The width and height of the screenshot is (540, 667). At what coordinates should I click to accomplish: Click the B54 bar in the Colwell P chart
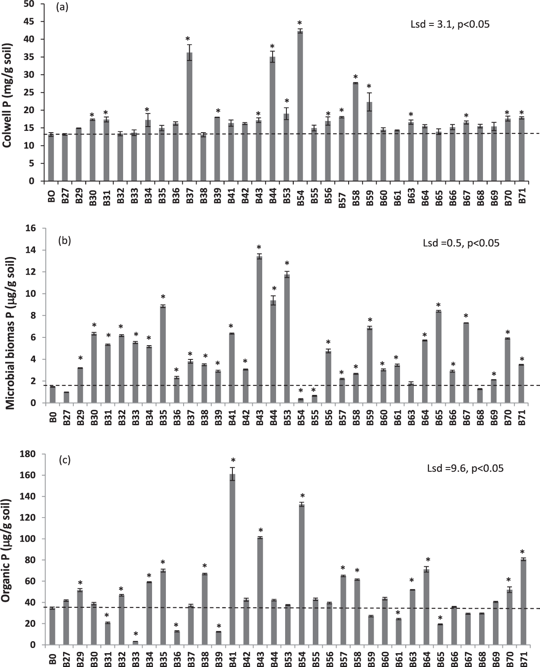[x=300, y=106]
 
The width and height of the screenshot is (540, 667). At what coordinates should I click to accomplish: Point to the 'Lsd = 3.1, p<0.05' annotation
[x=449, y=25]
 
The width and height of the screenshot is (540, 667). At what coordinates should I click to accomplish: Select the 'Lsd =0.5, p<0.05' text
[x=461, y=243]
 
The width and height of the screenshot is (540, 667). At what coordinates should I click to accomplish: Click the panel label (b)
[x=65, y=240]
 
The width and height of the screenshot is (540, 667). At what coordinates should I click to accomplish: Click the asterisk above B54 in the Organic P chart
[x=303, y=496]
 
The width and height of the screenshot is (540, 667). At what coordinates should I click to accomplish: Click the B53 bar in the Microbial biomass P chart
[x=287, y=339]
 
